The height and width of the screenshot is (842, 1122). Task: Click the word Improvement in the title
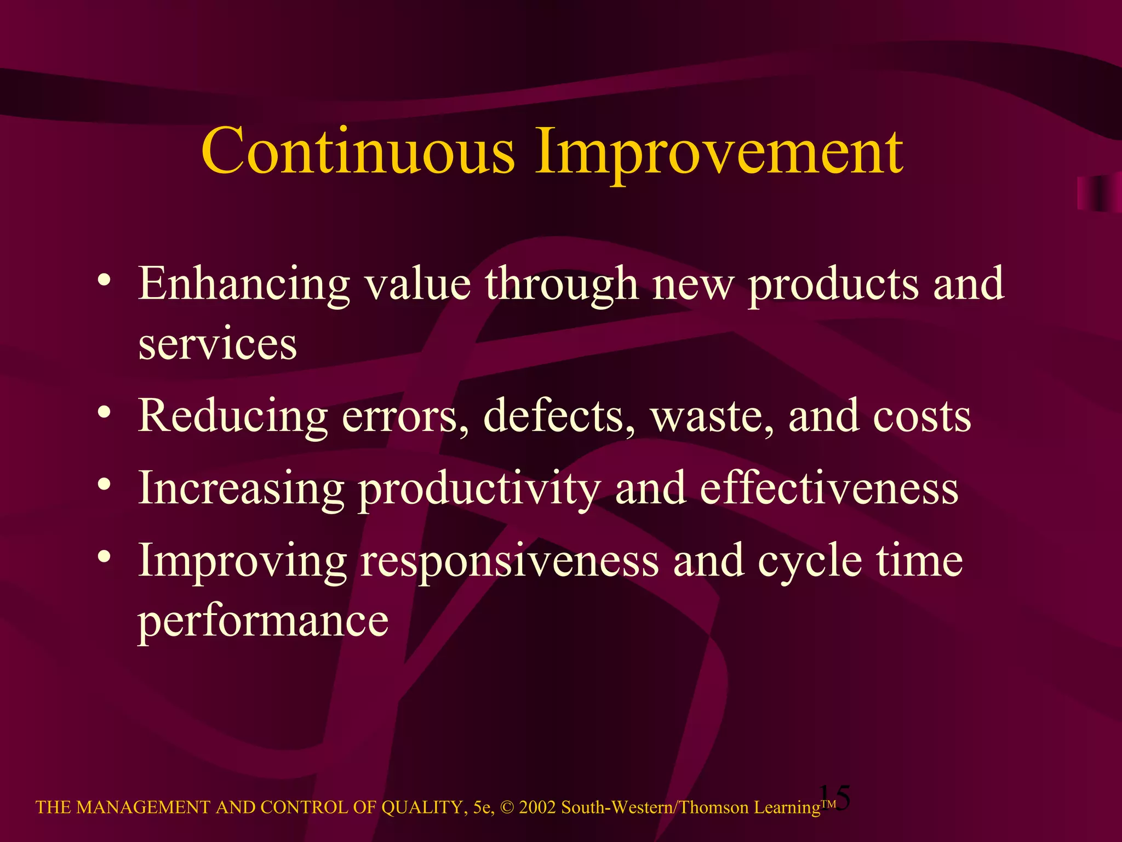719,153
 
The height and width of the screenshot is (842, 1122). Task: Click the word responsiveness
510,562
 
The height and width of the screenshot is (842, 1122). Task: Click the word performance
263,622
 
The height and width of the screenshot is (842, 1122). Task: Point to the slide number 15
835,797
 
